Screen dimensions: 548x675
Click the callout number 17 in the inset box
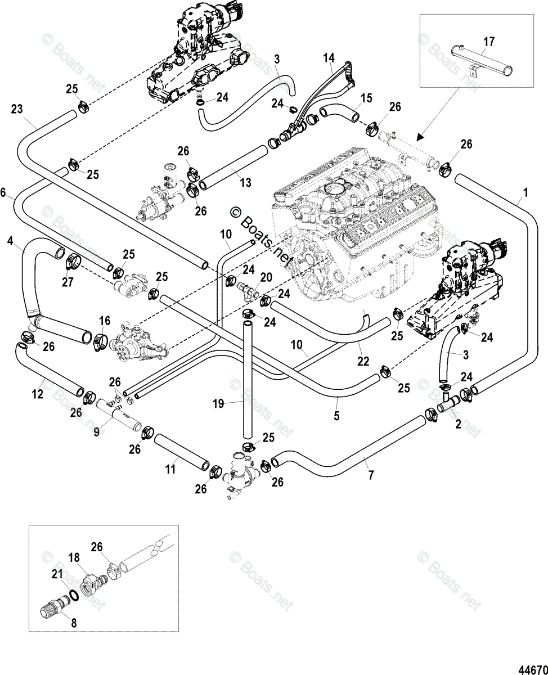coord(489,42)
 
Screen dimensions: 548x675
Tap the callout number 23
coord(17,109)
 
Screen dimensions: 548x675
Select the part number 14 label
coord(329,58)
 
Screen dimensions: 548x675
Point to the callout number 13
coord(246,183)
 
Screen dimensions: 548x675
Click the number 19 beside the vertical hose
coord(218,404)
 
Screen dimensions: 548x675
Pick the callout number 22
coord(363,361)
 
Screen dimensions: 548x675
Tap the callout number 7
coord(371,484)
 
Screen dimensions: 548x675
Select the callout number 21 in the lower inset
coord(57,574)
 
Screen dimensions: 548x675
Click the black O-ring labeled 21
coord(74,596)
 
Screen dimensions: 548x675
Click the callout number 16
coord(104,321)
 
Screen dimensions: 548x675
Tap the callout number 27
coord(68,282)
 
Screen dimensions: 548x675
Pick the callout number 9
coord(96,432)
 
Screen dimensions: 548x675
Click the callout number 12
coord(38,394)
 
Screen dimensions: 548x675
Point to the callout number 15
coord(366,98)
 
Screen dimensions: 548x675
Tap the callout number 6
coord(3,192)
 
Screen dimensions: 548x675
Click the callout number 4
coord(10,241)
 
